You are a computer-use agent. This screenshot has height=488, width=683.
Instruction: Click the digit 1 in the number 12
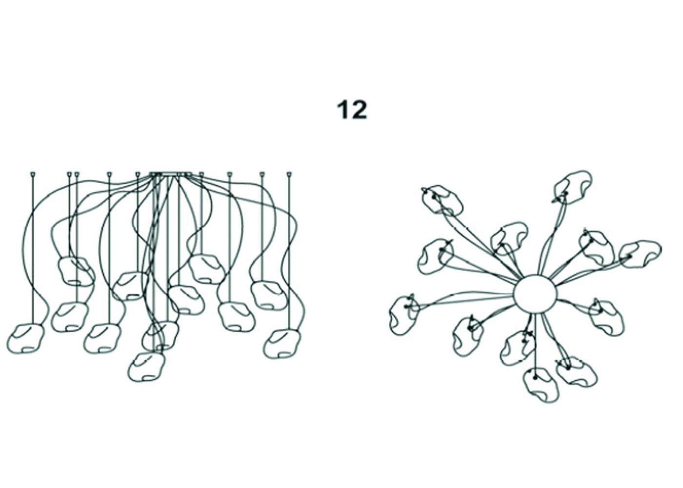click(x=342, y=110)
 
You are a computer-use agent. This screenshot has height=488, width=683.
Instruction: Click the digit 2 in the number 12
click(x=359, y=110)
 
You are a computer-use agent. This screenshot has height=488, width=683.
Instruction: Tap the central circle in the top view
click(x=535, y=294)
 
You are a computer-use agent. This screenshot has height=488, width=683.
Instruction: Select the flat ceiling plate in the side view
click(x=171, y=174)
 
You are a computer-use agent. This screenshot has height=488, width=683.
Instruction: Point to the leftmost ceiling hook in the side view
click(x=34, y=175)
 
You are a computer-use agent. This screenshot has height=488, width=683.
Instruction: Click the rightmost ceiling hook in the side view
click(x=289, y=175)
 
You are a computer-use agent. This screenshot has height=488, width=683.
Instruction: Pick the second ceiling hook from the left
click(x=69, y=175)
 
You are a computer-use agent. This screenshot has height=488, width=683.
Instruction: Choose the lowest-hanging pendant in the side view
click(x=147, y=367)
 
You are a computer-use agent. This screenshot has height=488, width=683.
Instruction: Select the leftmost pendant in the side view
click(x=26, y=339)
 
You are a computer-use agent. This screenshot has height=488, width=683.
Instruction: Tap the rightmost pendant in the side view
click(x=282, y=344)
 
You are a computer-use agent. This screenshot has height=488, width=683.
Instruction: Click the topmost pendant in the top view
click(x=573, y=187)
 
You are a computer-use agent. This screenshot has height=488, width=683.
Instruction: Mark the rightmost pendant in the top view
click(x=640, y=254)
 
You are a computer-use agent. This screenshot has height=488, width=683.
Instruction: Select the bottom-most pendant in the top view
click(x=541, y=385)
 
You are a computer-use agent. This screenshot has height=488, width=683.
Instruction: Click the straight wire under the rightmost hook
click(x=289, y=253)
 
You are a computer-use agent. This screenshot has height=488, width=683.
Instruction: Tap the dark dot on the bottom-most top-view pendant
click(x=535, y=378)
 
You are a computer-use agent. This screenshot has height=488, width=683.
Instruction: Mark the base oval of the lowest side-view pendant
click(x=149, y=378)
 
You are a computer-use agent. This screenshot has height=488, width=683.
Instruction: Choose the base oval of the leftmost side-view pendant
click(x=28, y=349)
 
